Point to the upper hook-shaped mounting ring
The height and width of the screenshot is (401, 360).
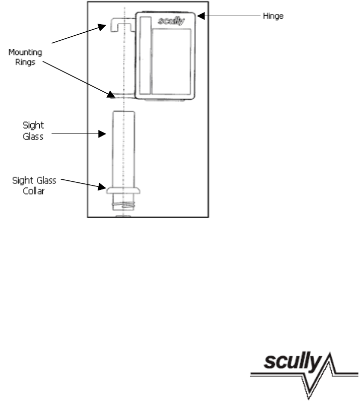tap(117, 23)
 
